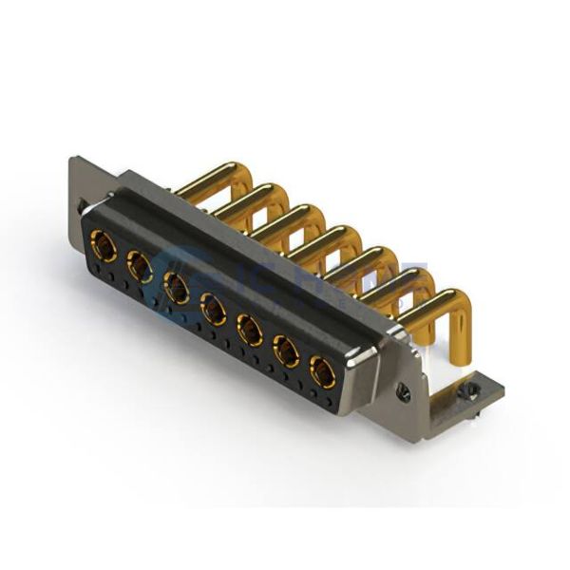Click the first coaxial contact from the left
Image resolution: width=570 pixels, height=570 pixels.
103,249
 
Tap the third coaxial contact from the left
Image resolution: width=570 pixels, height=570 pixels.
177,287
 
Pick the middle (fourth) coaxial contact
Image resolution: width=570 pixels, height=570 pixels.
213,309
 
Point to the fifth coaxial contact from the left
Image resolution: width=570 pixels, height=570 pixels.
249,330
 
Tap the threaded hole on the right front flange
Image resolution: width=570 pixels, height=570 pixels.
404,394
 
